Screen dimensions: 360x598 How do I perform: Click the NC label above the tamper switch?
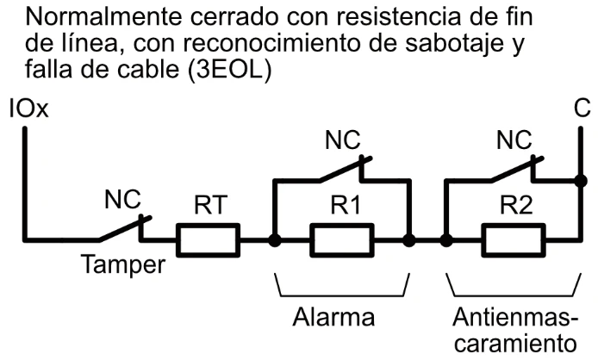[x=121, y=201]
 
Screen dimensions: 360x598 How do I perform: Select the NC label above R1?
[x=342, y=142]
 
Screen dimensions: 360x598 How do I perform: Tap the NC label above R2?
[x=514, y=142]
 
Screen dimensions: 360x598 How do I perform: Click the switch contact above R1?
[x=342, y=171]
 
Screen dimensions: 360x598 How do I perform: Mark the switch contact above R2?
[x=514, y=171]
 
